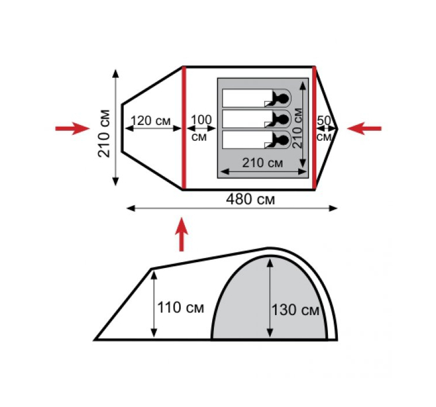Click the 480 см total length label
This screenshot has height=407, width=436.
click(250, 199)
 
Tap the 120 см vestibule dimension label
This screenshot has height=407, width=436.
click(151, 121)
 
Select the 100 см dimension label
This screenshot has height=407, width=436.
click(201, 128)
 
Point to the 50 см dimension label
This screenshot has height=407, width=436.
click(324, 128)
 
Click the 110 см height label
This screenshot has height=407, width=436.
click(181, 308)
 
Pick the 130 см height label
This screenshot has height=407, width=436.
click(295, 310)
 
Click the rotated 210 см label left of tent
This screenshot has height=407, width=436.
click(104, 134)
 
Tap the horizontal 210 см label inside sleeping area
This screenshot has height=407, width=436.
click(263, 163)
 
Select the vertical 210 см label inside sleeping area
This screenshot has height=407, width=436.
click(298, 128)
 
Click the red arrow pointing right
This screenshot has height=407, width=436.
click(73, 128)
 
